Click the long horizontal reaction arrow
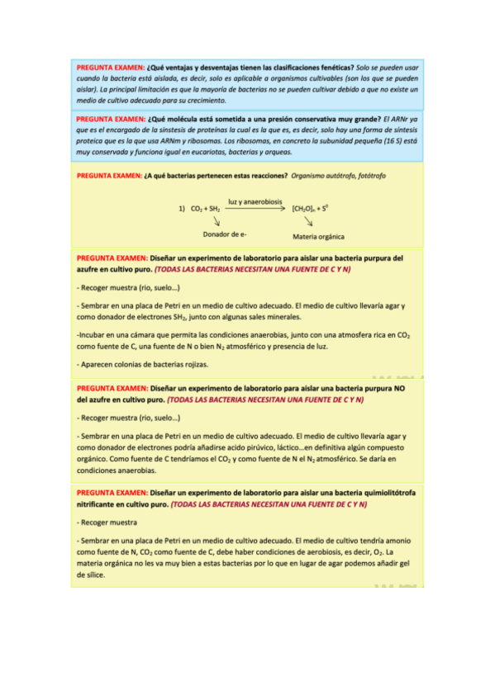[255, 210]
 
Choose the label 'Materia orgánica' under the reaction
[319, 236]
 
